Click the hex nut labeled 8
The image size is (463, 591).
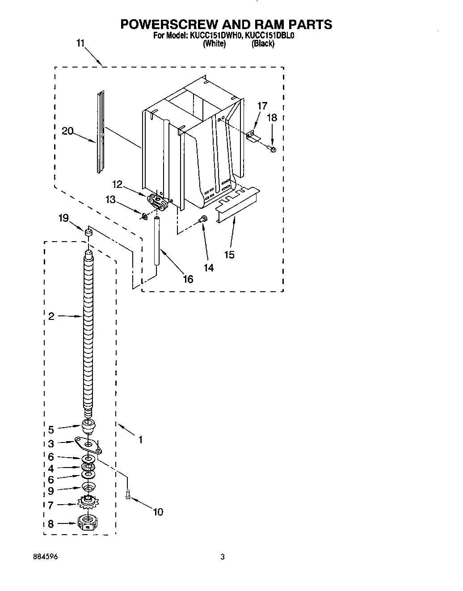pos(88,522)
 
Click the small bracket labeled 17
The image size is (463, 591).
pos(253,136)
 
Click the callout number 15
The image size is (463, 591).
pos(230,255)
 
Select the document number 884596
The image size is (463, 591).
pos(45,557)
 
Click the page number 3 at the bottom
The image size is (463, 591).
pos(222,557)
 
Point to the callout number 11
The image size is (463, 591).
pos(80,43)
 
